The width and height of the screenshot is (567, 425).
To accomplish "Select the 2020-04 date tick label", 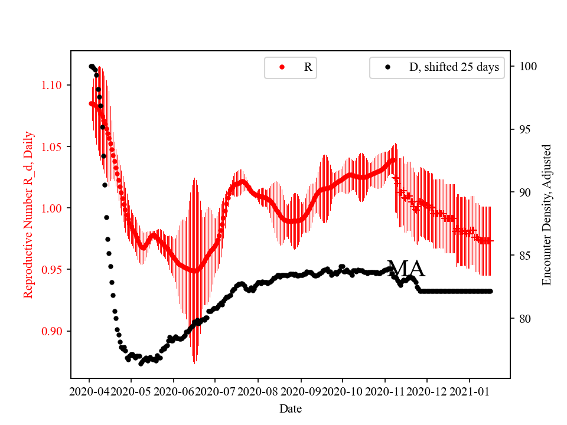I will tap(89, 391).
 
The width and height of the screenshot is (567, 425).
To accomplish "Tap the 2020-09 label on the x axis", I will tap(301, 391).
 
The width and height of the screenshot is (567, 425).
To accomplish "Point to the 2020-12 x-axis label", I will tap(427, 391).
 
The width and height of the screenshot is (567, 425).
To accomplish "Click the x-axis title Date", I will tap(290, 408).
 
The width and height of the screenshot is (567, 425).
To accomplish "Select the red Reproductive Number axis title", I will tap(28, 214).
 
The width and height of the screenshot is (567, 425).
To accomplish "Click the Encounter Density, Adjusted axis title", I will tap(546, 214).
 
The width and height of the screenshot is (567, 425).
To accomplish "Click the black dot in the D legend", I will tap(387, 67).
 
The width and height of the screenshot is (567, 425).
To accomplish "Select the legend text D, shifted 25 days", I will tap(454, 67).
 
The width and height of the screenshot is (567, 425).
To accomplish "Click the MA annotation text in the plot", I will tap(406, 269).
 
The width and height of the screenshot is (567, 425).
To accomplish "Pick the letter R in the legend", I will tap(308, 67).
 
